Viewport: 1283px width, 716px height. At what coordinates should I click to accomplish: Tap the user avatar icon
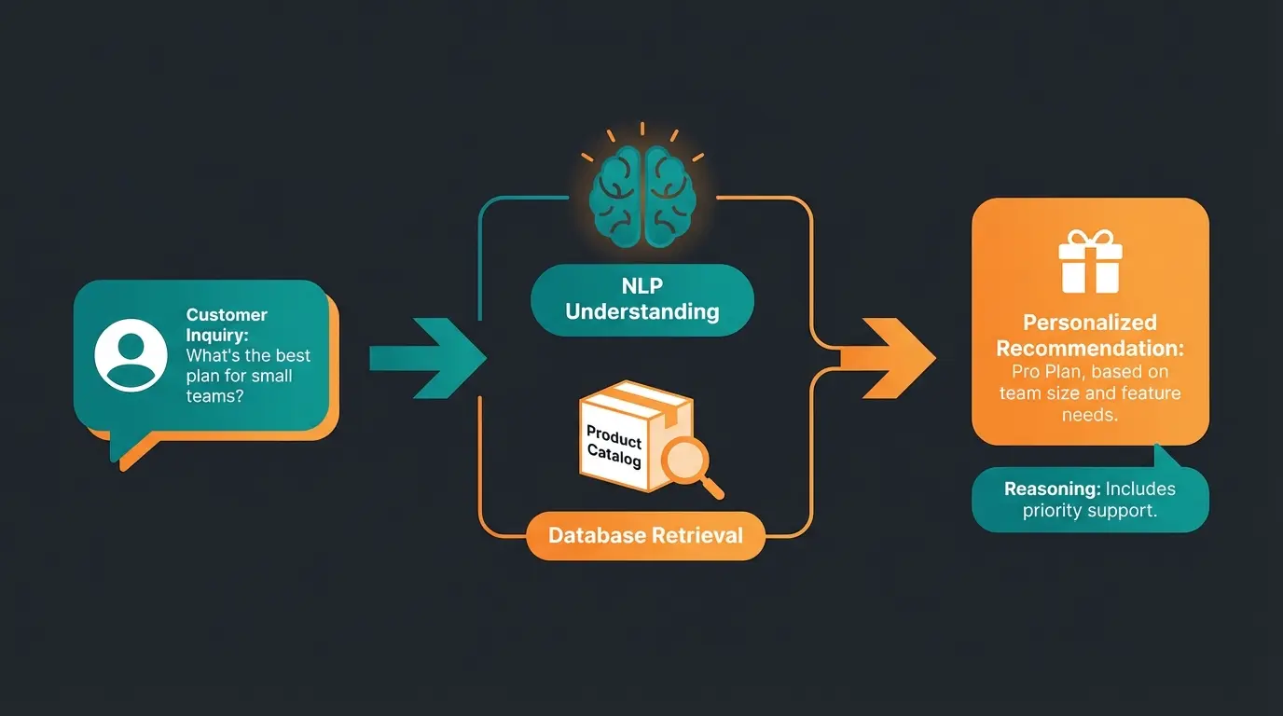point(131,354)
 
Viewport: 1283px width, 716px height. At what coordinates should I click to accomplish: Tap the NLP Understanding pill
point(641,299)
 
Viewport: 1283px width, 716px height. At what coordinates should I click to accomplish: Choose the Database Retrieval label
point(645,535)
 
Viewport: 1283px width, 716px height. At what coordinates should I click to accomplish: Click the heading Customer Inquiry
point(227,324)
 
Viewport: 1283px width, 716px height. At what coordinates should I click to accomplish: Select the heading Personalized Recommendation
point(1090,336)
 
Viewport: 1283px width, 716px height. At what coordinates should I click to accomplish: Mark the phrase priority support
point(1090,510)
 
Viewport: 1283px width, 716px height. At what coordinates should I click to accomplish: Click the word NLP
point(641,284)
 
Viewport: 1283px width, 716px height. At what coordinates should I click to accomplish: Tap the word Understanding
point(641,311)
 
